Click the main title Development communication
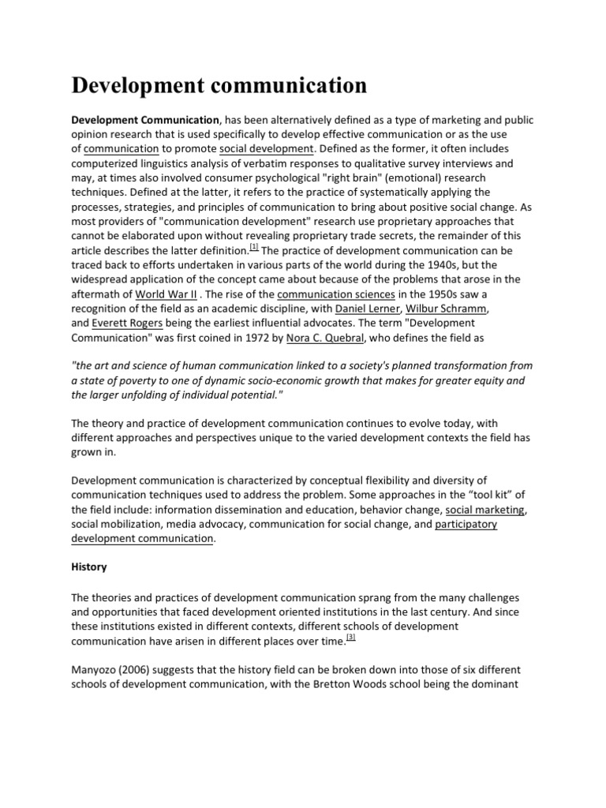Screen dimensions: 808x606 coord(219,84)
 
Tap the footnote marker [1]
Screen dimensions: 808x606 coord(254,245)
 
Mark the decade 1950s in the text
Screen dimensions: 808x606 coord(440,293)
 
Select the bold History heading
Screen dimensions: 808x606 coord(89,567)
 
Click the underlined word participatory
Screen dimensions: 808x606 coord(466,524)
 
